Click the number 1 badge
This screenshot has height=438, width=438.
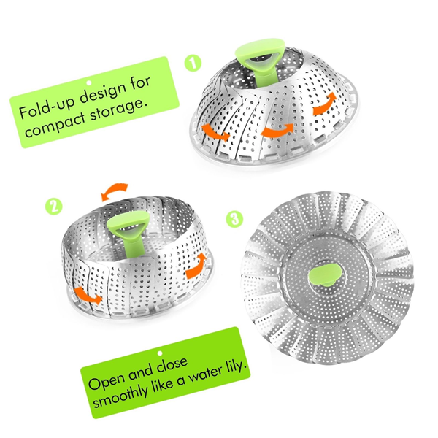(193, 64)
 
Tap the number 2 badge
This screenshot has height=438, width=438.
(53, 207)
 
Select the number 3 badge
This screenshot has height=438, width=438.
(233, 218)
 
